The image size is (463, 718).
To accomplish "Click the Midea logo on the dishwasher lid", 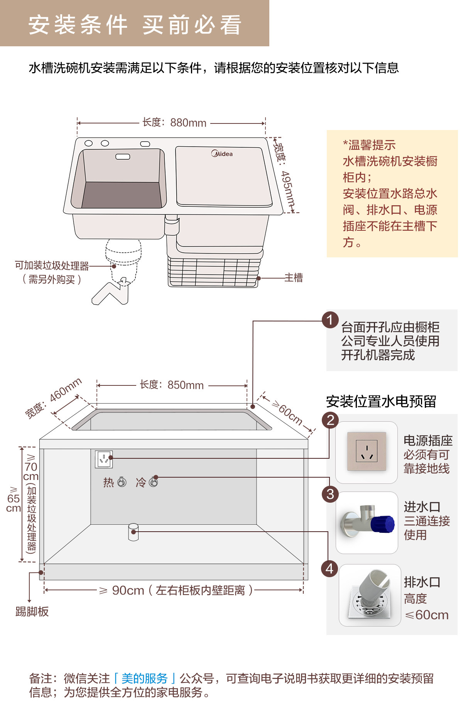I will tap(222, 154).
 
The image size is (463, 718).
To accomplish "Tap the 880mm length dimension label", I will tap(174, 123).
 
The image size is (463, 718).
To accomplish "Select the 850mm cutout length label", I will tap(172, 385).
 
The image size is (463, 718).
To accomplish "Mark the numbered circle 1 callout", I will tap(330, 320).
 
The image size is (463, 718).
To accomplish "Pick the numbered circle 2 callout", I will tap(331, 420).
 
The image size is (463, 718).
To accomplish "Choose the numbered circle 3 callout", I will tap(330, 494).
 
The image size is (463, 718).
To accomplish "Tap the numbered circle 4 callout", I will tap(330, 569).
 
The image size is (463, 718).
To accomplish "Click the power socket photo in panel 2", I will tap(367, 451).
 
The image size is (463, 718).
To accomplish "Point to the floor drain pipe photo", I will tap(370, 595).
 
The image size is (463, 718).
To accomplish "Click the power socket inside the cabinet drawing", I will tap(104, 459).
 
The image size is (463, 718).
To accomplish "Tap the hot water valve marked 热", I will tap(122, 482).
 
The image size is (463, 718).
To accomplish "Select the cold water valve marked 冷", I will tap(154, 482).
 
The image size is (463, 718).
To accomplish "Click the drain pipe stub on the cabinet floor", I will tap(133, 532).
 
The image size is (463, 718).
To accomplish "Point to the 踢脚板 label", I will tap(32, 612).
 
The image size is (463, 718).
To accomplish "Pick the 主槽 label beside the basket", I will tap(294, 278).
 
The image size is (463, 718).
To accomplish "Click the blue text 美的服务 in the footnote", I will tap(145, 678).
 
